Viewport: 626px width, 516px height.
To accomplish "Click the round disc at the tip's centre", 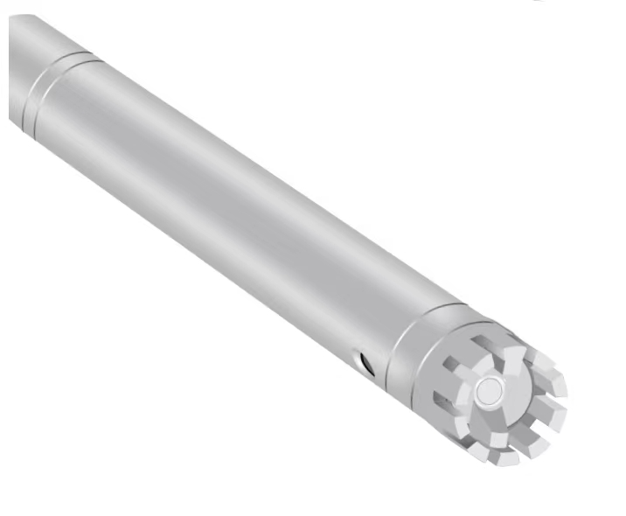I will (x=489, y=390).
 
